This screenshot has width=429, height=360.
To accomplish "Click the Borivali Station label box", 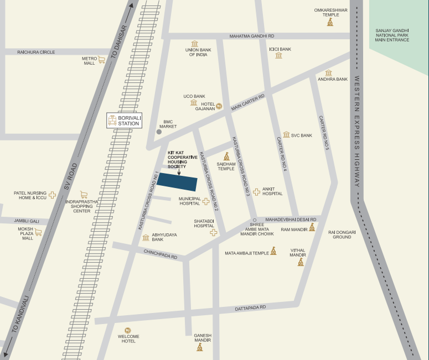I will (124, 121).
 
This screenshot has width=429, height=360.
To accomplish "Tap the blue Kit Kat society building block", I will (177, 182).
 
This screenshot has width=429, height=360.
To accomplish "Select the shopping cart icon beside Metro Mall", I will (102, 60).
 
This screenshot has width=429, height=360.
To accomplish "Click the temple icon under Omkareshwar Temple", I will (330, 22).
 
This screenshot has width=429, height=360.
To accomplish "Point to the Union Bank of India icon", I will (194, 44).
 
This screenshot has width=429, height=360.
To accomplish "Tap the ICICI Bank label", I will (280, 49).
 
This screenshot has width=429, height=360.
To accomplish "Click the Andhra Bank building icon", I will (328, 72).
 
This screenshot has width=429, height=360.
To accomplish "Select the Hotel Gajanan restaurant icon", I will (219, 105).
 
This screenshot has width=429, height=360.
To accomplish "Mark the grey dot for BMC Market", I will (159, 132).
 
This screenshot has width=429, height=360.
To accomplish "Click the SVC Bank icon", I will (286, 134).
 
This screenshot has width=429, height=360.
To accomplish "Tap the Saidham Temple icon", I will (226, 156).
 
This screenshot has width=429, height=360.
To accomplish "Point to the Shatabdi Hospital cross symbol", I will (213, 233).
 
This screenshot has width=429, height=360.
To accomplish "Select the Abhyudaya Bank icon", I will (146, 237).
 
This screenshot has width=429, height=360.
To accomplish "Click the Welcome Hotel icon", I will (128, 330).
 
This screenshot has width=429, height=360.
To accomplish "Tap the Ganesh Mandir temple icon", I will (200, 347).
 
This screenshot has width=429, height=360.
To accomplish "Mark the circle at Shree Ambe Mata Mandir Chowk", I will (255, 220).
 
